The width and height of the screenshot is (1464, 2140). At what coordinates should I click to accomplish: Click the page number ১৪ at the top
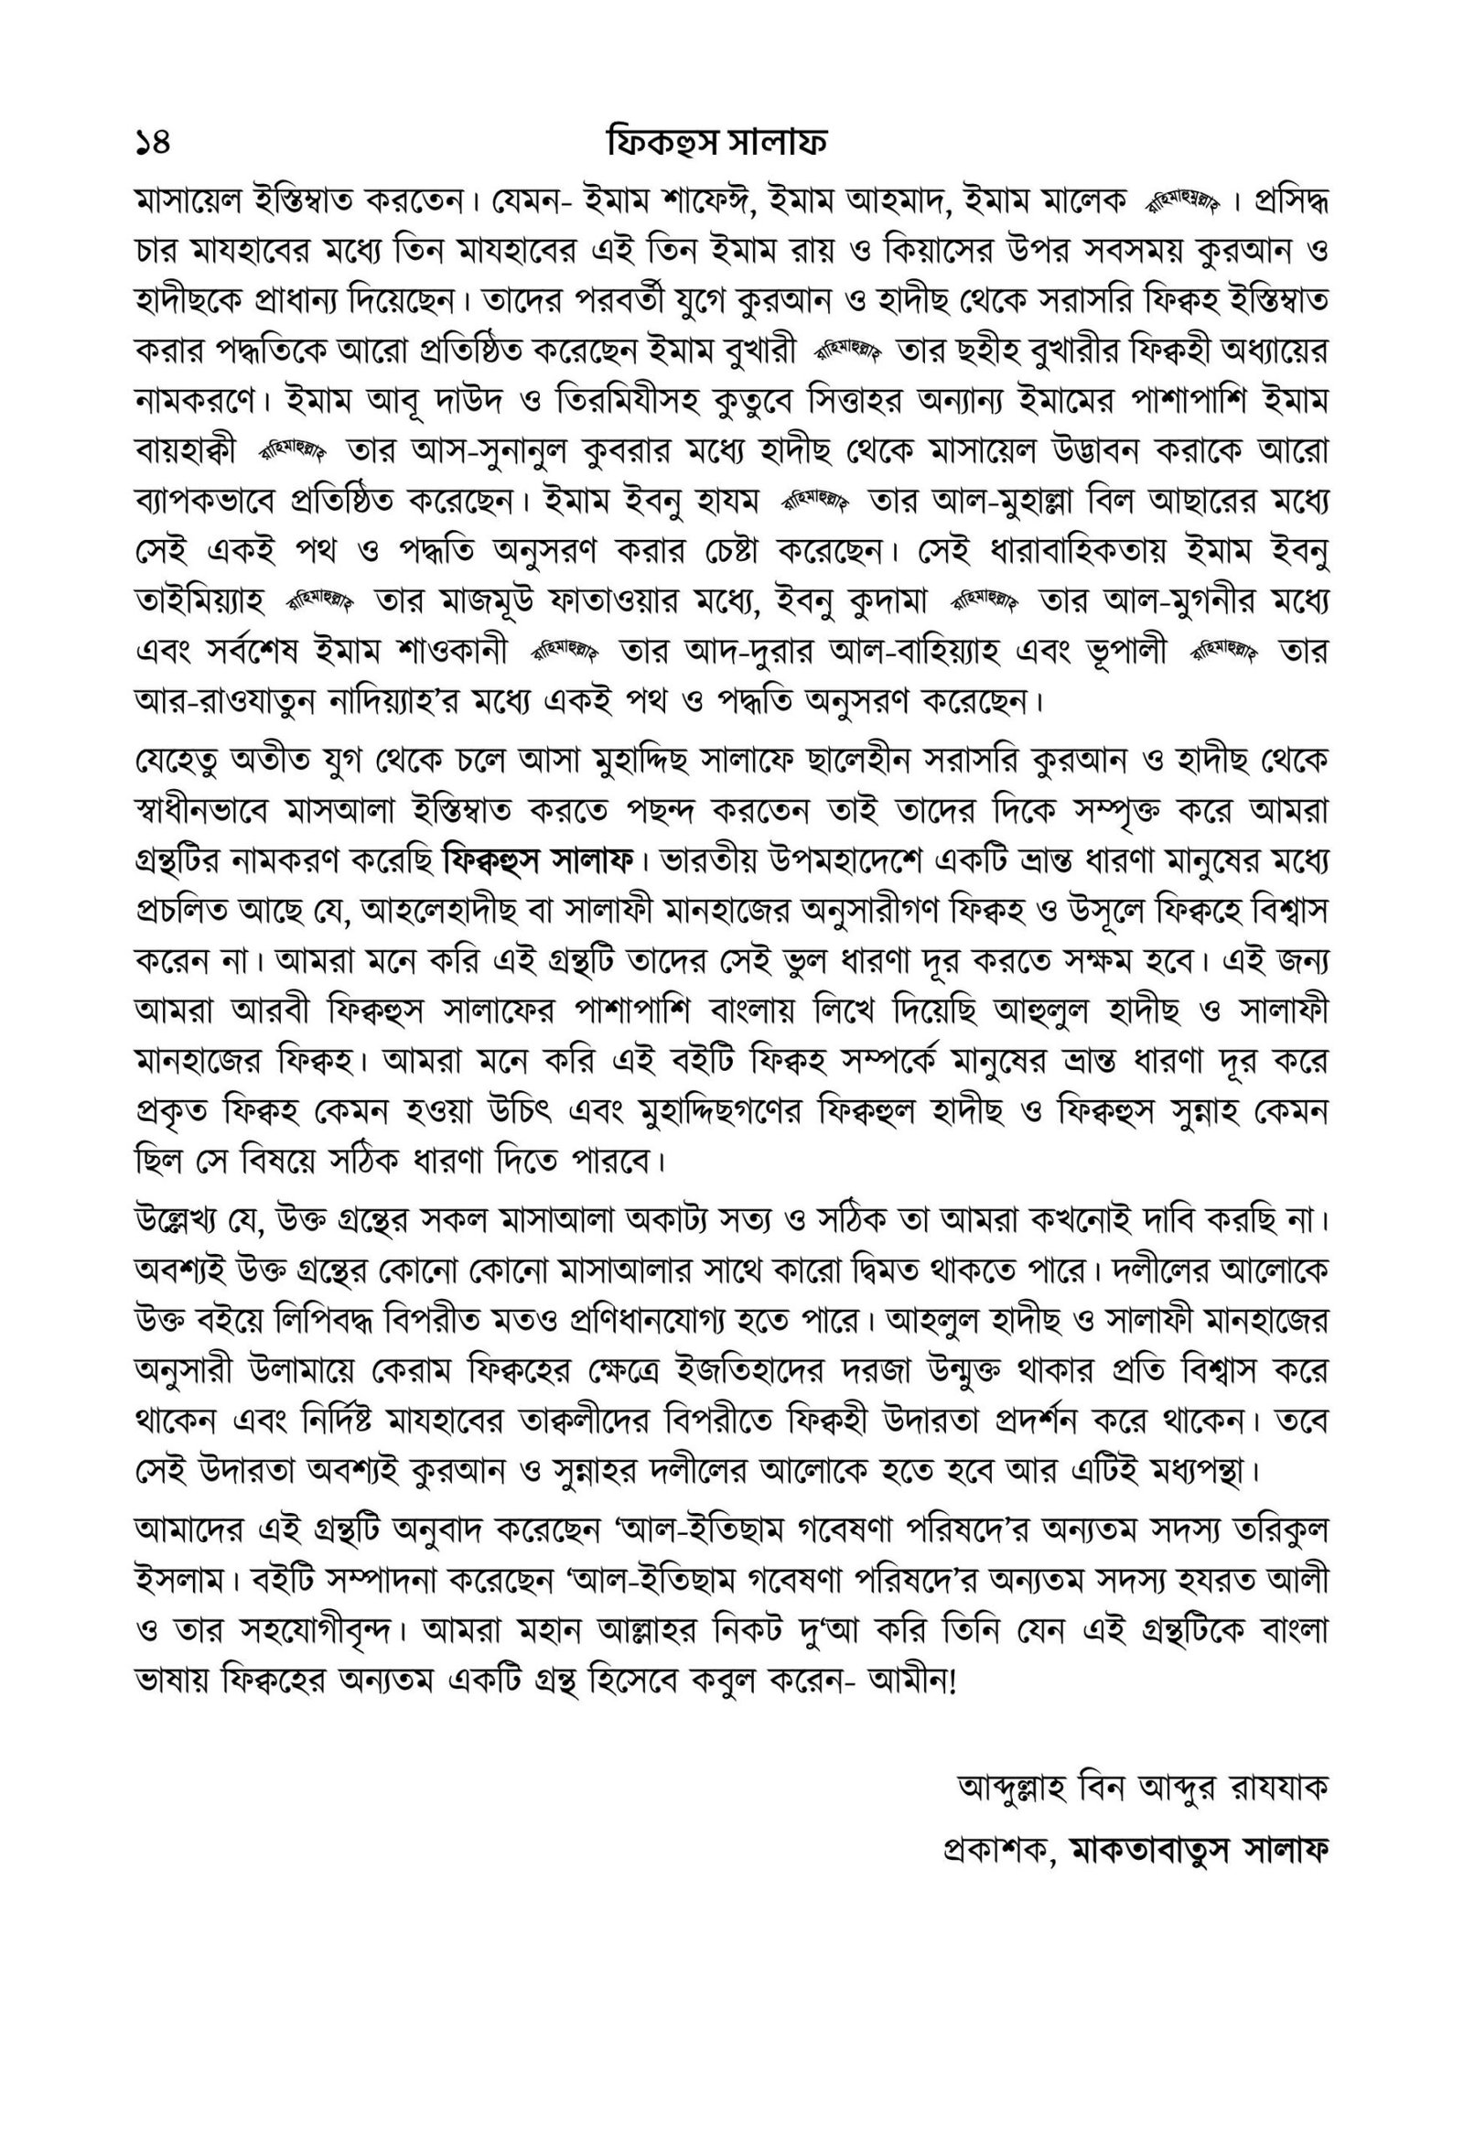point(153,144)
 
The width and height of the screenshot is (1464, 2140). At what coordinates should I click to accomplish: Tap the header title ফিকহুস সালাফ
point(716,144)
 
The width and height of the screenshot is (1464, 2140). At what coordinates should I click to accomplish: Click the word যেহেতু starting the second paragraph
point(177,763)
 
